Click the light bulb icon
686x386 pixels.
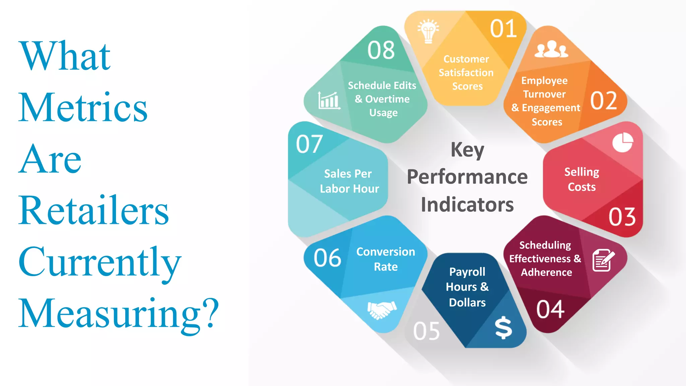coord(428,31)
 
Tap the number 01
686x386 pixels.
coord(503,29)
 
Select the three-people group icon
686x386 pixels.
coord(551,49)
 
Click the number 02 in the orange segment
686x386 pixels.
coord(604,101)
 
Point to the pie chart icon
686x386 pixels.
coord(623,142)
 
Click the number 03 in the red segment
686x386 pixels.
coord(622,217)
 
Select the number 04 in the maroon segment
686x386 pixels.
coord(550,309)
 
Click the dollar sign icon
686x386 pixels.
coord(503,327)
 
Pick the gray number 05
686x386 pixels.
coord(426,331)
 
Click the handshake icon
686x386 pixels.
coord(382,310)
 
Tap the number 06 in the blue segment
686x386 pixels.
coord(327,258)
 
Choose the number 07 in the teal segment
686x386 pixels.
coord(309,144)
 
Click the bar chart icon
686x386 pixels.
coord(329,101)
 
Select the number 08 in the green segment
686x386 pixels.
coord(381,51)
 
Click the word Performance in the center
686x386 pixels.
coord(467,177)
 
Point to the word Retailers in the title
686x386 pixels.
coord(94,210)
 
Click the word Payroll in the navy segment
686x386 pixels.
coord(467,272)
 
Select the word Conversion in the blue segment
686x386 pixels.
coord(386,252)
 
